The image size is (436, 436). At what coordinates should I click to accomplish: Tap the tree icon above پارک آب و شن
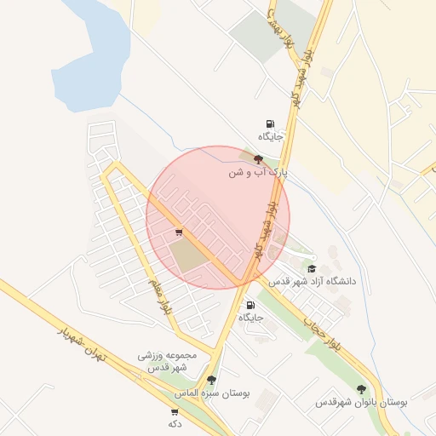[259, 158]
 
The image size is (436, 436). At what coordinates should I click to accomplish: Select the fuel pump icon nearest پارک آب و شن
[270, 123]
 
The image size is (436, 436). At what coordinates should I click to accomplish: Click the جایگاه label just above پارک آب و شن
[270, 136]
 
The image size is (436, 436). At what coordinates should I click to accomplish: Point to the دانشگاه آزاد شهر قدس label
[313, 280]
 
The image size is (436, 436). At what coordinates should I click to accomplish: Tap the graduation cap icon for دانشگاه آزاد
[312, 268]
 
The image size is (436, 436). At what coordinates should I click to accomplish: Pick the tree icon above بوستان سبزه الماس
[211, 381]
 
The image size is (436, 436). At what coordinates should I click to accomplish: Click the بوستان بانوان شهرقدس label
[361, 401]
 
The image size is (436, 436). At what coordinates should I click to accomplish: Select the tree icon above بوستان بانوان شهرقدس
[361, 388]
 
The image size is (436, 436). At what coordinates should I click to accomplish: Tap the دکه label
[175, 423]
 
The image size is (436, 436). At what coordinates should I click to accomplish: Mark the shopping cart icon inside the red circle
[179, 231]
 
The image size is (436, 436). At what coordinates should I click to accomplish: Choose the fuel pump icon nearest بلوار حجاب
[250, 305]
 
